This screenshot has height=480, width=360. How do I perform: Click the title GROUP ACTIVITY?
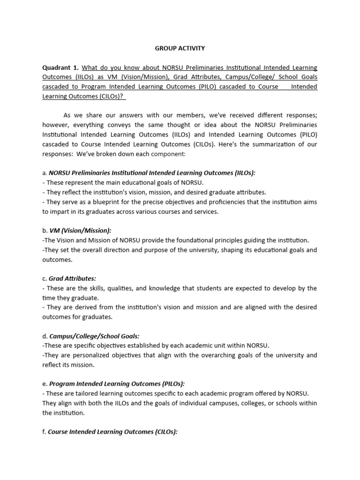(180, 48)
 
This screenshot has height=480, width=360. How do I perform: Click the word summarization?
(263, 144)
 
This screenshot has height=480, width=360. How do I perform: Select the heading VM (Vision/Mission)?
(80, 230)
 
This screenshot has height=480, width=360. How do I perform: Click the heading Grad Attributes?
(79, 278)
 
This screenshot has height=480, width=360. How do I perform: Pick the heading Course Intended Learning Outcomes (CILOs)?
(112, 431)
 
